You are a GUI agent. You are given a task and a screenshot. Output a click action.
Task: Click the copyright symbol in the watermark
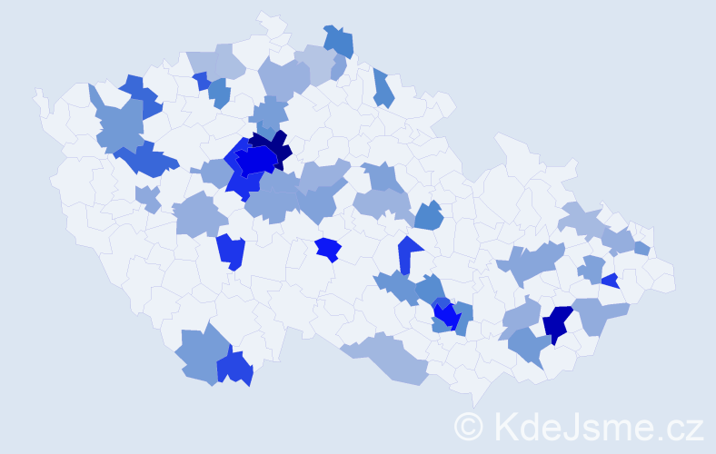point(469,426)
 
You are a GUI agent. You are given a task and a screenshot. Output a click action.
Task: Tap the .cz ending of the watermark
point(680,426)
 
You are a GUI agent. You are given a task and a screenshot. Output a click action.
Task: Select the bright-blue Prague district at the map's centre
point(257,160)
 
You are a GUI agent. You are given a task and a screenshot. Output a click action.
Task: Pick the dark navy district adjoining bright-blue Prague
point(273,145)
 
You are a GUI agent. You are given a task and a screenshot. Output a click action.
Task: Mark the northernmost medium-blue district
point(338,41)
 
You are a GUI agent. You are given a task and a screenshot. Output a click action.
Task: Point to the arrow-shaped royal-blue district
point(408,253)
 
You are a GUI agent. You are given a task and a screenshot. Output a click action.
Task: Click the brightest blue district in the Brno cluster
point(445,315)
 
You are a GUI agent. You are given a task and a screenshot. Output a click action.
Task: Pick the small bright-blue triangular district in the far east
point(610,281)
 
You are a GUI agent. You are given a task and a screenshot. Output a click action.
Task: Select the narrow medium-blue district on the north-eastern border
point(383,88)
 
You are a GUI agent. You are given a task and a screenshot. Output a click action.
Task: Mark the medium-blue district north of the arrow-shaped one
point(428,216)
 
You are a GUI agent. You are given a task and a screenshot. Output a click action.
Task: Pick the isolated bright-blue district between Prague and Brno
point(327,248)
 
